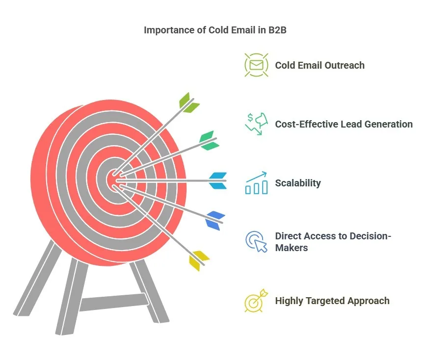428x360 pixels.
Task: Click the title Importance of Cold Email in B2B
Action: tap(214, 30)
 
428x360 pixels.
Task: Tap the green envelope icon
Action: tap(256, 65)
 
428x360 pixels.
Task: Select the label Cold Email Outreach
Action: tap(320, 65)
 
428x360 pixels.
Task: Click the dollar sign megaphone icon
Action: tap(256, 124)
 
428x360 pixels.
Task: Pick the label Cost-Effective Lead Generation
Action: tap(344, 124)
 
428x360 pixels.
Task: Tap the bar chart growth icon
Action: tap(256, 183)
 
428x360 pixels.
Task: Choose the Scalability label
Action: tap(298, 183)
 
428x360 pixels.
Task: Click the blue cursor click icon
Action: tap(256, 242)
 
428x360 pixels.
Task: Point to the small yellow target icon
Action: tap(256, 300)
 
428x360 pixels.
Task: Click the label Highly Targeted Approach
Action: tap(332, 301)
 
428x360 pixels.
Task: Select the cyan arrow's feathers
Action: tap(218, 180)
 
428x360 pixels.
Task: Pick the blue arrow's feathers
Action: tap(215, 220)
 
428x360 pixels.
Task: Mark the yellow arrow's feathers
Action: tap(199, 260)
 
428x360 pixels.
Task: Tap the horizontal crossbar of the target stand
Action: tap(113, 302)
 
